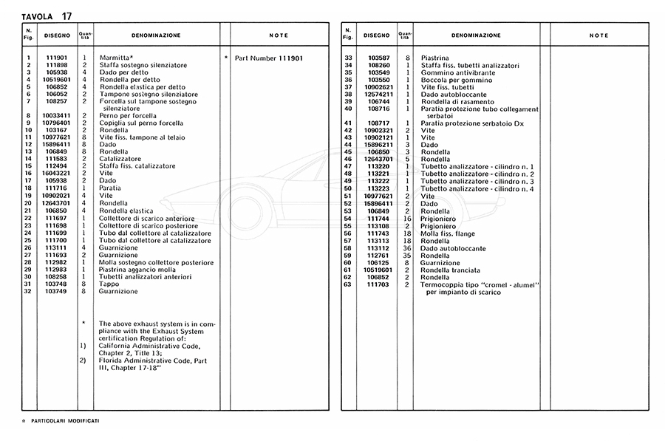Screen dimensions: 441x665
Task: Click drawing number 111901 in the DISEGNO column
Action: [57, 58]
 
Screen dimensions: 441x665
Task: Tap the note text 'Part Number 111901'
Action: [269, 58]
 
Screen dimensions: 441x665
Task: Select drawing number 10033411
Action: [57, 115]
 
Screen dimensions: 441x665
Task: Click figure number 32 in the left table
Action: [27, 291]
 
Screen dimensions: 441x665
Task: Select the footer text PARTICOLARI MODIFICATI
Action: [65, 420]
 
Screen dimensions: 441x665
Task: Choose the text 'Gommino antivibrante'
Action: [454, 72]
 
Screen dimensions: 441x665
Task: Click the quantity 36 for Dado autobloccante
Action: [407, 248]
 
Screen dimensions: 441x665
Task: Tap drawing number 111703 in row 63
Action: [377, 284]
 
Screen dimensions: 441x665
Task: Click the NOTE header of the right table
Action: [598, 35]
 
